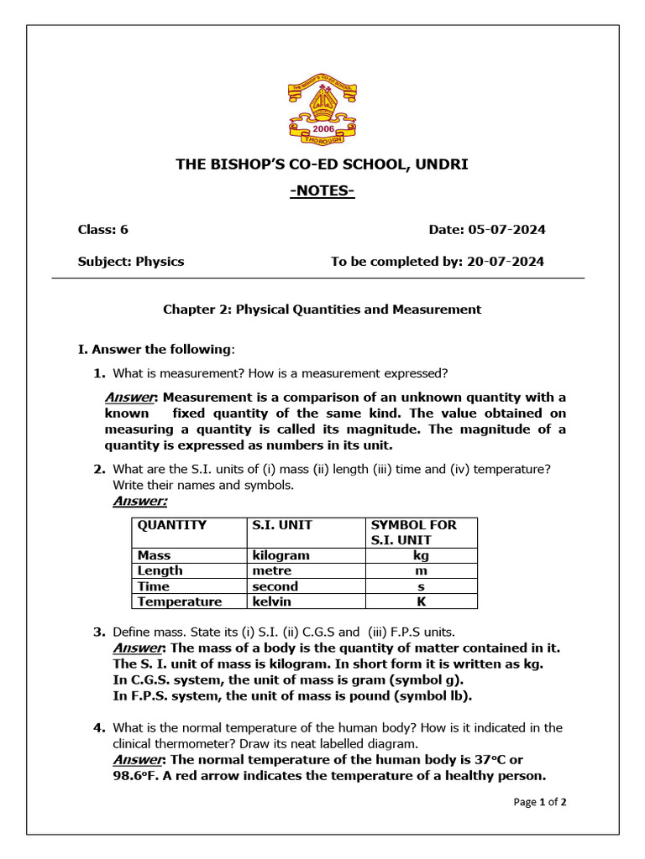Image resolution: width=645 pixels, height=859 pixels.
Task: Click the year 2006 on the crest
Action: click(322, 130)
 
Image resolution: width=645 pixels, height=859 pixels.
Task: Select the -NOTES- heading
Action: click(322, 192)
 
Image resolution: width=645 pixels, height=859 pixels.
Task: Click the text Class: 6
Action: click(103, 230)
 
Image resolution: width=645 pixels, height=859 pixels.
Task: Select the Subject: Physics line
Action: click(131, 262)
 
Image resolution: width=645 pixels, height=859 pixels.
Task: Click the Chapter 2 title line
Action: click(322, 310)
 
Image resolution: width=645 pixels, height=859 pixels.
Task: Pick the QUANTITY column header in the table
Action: click(171, 525)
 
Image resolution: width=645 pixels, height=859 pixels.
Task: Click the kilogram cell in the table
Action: click(281, 555)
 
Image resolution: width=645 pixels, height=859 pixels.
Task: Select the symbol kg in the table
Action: click(421, 555)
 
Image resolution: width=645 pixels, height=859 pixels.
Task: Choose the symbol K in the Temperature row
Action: click(421, 601)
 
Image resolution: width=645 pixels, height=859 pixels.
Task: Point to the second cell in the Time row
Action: click(275, 586)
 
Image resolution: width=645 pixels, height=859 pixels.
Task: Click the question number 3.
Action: click(98, 632)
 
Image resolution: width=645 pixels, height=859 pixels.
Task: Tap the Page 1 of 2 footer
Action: click(539, 803)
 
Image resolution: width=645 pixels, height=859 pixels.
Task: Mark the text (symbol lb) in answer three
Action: click(431, 695)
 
